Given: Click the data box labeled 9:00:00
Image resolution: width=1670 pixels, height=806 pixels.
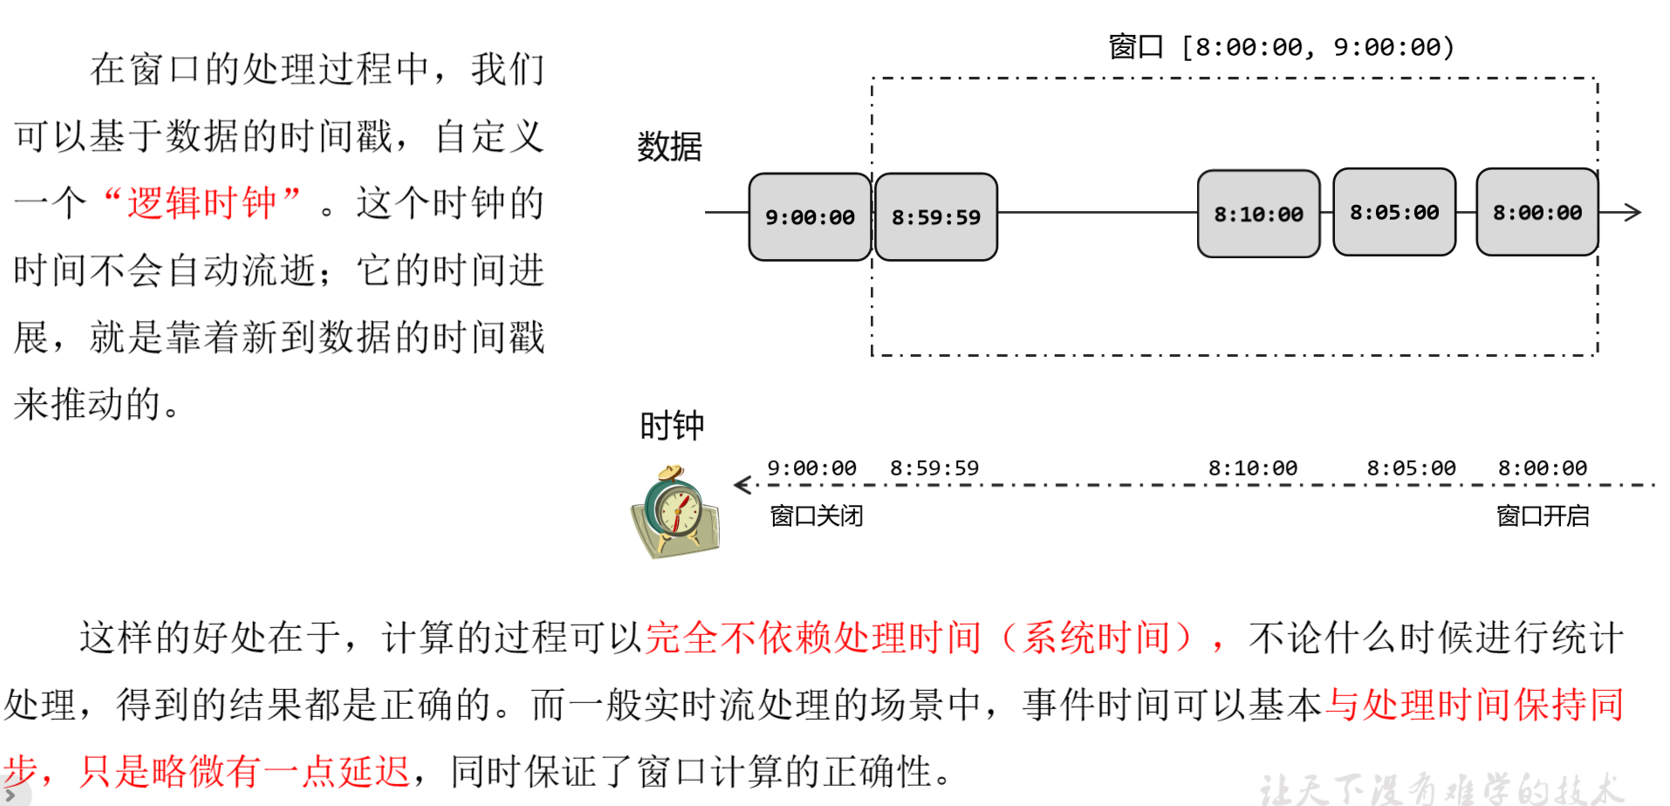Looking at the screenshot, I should point(810,216).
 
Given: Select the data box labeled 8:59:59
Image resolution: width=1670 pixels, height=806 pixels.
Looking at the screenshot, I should point(935,216).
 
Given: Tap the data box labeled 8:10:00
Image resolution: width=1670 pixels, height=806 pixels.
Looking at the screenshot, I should point(1258,214).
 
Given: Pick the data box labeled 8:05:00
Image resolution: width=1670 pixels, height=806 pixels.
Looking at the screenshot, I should point(1394,212).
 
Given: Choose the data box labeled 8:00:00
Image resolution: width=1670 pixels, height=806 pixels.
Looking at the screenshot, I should point(1537,212).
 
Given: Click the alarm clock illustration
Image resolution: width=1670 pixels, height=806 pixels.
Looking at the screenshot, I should point(674,513).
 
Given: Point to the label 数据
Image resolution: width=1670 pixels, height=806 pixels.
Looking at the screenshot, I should point(669,147).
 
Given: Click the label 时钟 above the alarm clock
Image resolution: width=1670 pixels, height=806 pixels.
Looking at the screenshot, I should point(671,426).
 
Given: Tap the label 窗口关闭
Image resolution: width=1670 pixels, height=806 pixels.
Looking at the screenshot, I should point(816,516).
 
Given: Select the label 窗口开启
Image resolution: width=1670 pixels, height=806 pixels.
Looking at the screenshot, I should point(1542,516).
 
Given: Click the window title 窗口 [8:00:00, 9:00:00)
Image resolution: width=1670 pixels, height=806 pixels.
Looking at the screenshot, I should point(1281,46).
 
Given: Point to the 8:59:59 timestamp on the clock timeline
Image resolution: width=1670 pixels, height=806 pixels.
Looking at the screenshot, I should point(934,468).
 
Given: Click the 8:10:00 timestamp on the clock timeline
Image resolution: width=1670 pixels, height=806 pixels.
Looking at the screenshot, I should point(1252,468).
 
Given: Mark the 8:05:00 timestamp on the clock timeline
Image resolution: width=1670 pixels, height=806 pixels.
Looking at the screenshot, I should point(1411,468).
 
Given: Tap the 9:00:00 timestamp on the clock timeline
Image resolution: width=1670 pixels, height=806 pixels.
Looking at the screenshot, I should point(811,468).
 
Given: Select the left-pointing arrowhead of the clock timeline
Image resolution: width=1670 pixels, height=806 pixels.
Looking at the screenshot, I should point(742,485).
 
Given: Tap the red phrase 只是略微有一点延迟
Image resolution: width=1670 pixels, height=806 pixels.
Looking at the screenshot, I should point(244,771).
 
